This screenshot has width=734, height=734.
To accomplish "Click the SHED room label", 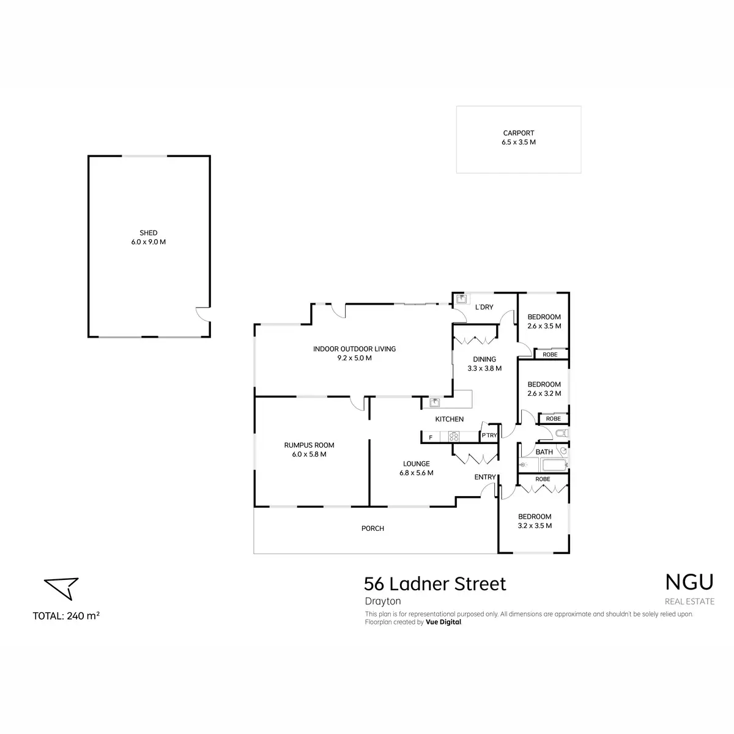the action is coord(148,232).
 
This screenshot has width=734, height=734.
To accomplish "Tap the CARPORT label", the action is coord(518,133).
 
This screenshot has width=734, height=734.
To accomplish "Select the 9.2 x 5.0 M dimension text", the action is coord(354,358).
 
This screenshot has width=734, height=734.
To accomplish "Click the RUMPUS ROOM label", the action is coord(309,445).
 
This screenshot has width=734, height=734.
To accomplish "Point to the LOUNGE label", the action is coord(416,464).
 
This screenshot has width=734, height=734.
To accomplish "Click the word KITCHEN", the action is coord(449,419).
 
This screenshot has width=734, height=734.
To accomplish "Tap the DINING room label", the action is coord(484,359).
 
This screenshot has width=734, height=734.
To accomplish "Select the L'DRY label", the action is coord(484,307).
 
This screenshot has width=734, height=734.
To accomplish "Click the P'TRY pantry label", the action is coord(489,435).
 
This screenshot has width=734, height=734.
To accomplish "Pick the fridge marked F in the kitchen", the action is coord(431,437).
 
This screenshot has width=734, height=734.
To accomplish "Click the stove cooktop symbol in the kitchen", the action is coord(453,437).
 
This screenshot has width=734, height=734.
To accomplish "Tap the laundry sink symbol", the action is coord(461,298).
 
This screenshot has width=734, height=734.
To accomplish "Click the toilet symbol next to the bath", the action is coord(562,433).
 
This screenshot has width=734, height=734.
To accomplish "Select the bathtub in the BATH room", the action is coord(555,465).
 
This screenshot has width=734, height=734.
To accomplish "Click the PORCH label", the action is coord(372,528).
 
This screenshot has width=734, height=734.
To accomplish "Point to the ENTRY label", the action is coord(484,477).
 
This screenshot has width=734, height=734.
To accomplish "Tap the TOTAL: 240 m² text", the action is coord(66,615).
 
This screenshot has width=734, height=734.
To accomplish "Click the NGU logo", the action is coord(689,582).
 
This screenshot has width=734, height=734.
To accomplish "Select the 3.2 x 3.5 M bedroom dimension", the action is coord(534,525).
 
